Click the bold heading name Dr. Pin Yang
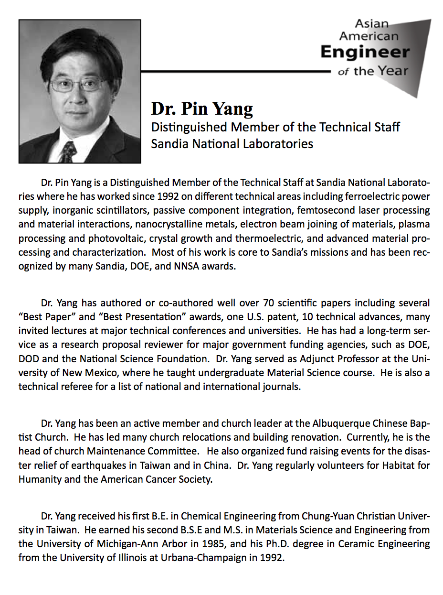point(202,109)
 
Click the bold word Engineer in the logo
point(365,52)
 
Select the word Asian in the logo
point(372,23)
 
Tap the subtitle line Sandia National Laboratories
point(232,143)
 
